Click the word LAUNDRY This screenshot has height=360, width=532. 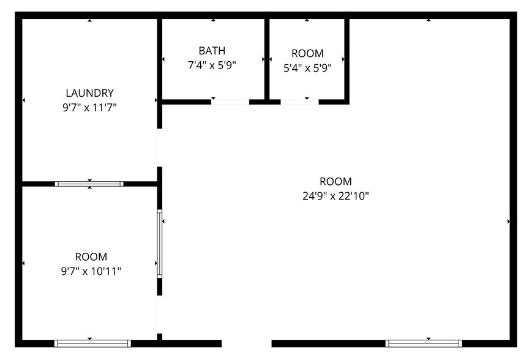click(90, 93)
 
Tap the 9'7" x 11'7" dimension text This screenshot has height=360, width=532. click(90, 108)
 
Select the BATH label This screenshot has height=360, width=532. click(212, 50)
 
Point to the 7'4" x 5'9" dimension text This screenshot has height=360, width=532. click(212, 66)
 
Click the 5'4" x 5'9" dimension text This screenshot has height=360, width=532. click(307, 69)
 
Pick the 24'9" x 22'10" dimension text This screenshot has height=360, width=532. click(336, 197)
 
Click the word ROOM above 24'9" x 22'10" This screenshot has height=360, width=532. click(336, 181)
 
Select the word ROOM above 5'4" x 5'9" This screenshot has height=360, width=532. click(307, 53)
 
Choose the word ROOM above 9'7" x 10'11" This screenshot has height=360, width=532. click(91, 257)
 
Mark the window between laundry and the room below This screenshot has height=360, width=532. click(89, 184)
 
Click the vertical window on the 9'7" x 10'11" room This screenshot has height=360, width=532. click(160, 244)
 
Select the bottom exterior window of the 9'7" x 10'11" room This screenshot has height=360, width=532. click(92, 343)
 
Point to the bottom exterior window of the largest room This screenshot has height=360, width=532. click(424, 343)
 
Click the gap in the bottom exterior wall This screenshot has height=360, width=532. click(246, 343)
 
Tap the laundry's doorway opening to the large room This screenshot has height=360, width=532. click(160, 148)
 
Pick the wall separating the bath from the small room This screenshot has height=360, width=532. click(267, 59)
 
